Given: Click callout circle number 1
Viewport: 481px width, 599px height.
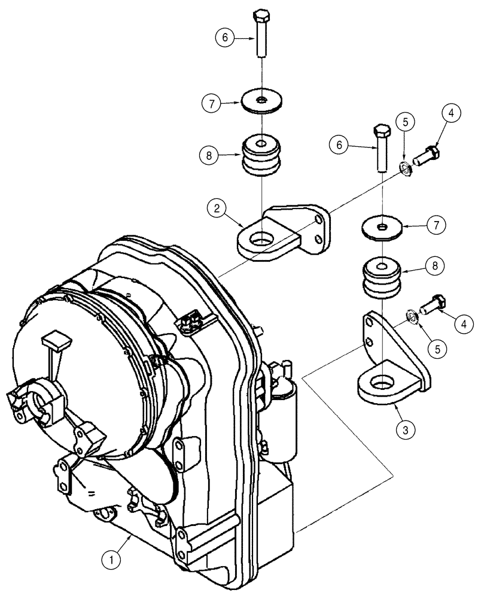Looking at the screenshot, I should point(109,561).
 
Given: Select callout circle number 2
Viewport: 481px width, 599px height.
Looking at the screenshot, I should point(217,210).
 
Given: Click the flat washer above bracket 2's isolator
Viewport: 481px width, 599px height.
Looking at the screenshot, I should point(262,101).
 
